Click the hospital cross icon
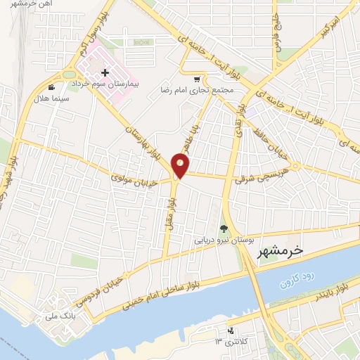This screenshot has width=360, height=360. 105,72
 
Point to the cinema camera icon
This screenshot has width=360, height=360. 51,87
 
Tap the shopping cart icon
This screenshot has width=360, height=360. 197,79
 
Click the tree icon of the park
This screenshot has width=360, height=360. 224,228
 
